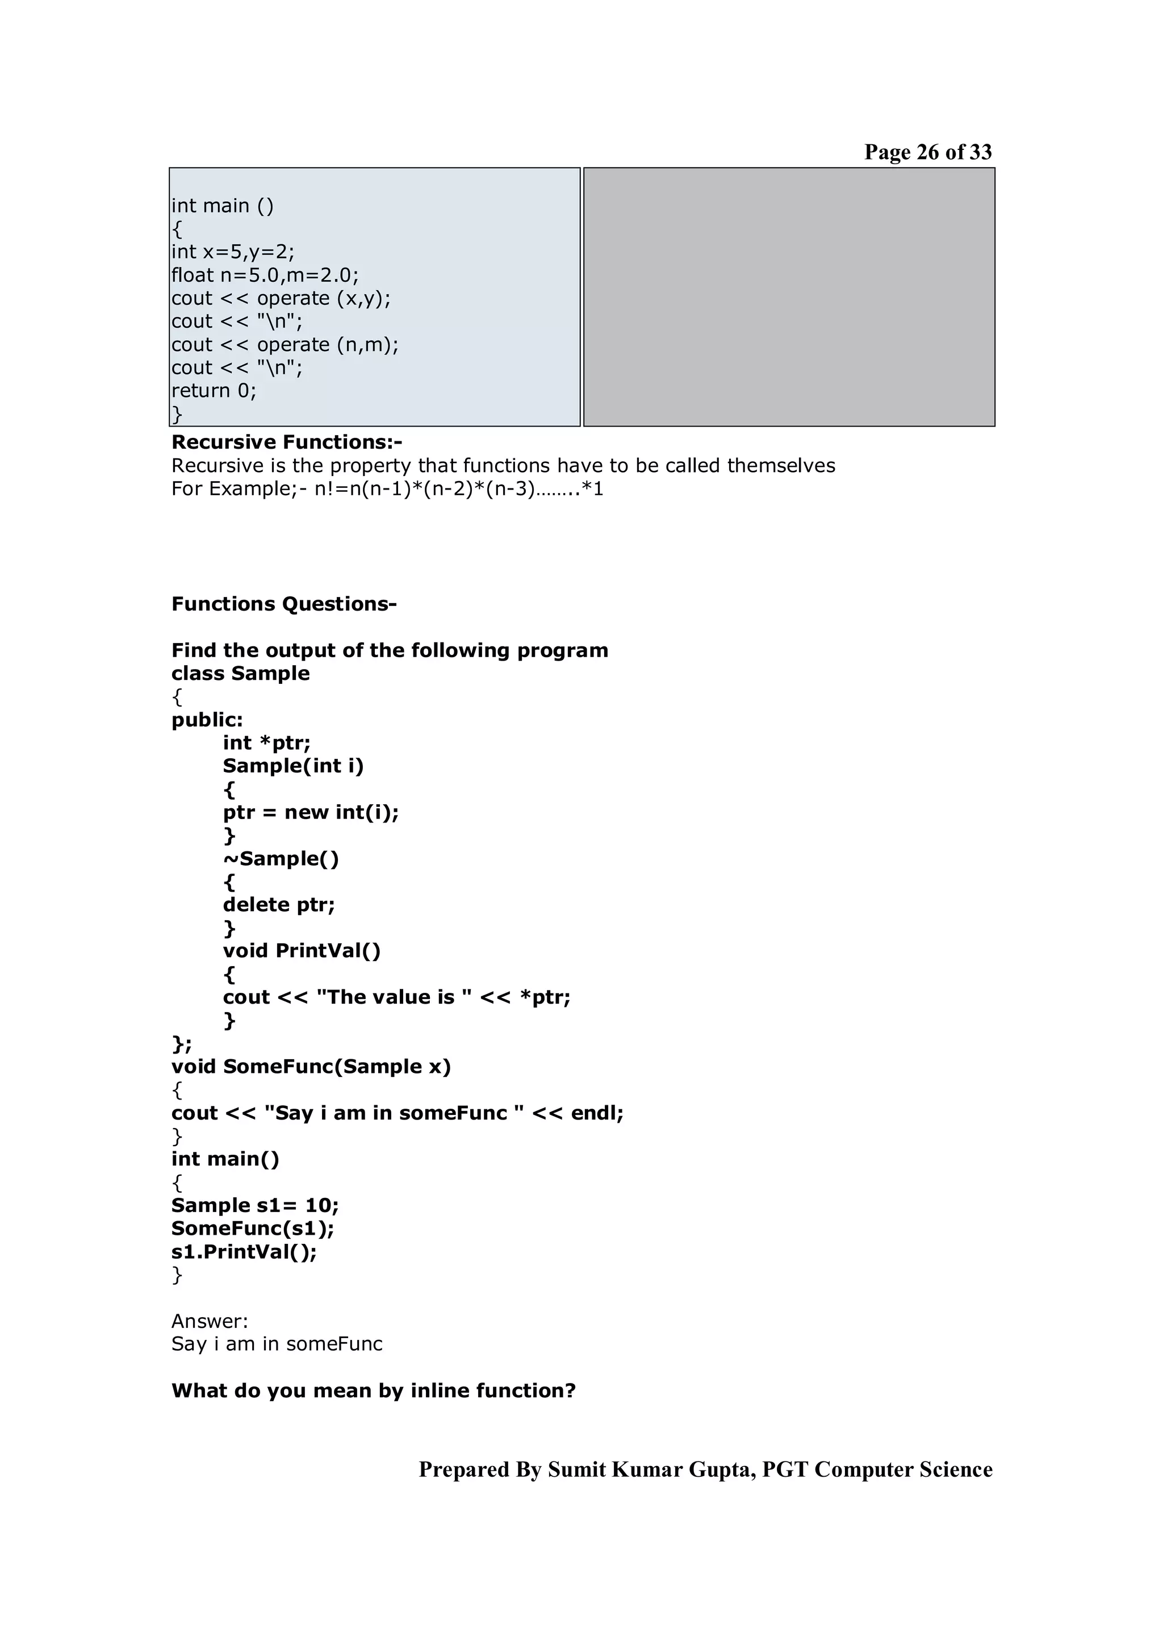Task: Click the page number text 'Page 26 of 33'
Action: pos(927,152)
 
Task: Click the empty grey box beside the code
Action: pos(789,297)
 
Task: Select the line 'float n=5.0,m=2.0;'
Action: pos(265,275)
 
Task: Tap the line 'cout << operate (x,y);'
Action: pos(281,298)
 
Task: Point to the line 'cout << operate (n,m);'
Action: pos(285,345)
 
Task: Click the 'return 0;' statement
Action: pos(214,391)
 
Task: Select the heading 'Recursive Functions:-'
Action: pos(287,442)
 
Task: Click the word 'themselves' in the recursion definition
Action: pos(780,466)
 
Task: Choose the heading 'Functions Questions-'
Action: pos(284,604)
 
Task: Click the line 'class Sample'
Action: pos(240,674)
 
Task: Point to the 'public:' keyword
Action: pos(207,720)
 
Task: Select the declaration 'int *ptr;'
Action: pos(266,743)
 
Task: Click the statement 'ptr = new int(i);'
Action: pos(310,812)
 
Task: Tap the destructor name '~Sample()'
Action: pos(281,859)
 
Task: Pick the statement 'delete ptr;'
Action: pos(279,905)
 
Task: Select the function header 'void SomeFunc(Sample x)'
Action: pos(311,1067)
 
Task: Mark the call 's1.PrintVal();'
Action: pos(244,1252)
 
